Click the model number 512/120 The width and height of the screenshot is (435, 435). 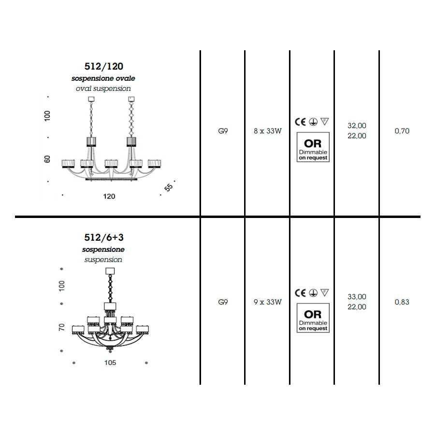click(x=104, y=66)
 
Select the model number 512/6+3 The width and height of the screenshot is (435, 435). click(x=104, y=237)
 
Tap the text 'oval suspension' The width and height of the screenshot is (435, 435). click(x=103, y=88)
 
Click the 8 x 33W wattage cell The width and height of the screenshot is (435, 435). click(x=267, y=131)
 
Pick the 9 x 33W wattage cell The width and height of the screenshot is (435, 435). click(x=267, y=302)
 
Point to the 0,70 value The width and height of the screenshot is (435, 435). click(x=402, y=131)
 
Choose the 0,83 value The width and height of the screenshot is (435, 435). click(x=402, y=302)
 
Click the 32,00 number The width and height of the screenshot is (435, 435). click(x=357, y=126)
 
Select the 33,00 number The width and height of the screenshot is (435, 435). click(x=357, y=297)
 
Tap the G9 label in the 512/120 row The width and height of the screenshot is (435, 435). click(x=223, y=131)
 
